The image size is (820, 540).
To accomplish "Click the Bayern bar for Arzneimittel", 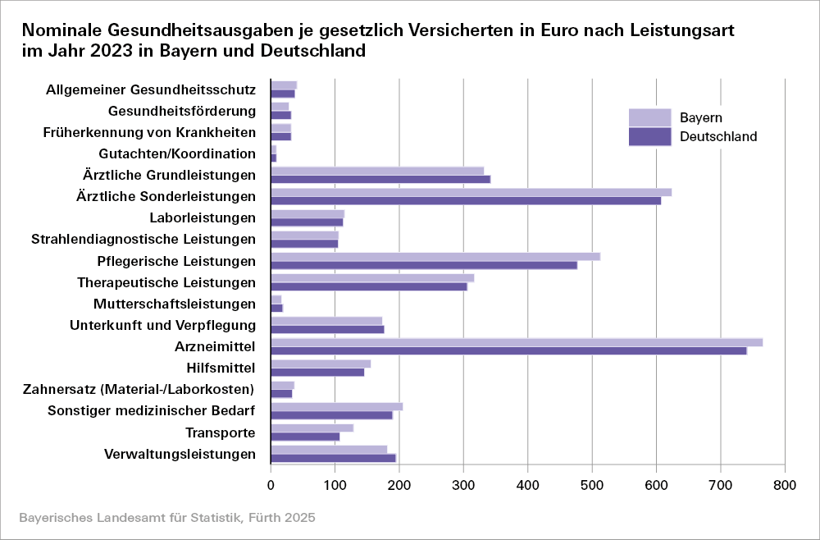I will tap(517, 342).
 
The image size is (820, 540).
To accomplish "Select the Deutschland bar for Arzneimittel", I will tap(508, 350).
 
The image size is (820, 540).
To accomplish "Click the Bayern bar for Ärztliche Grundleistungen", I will tap(377, 171).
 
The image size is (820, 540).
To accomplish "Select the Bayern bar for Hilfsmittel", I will tap(321, 364).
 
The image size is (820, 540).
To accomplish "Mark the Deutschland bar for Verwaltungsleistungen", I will tap(333, 458).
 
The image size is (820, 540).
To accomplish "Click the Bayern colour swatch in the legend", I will tap(649, 117).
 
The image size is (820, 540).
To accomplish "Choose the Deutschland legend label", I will tap(718, 137).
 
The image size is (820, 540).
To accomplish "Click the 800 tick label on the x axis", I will tap(785, 485).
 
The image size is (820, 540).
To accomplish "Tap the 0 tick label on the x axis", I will tap(271, 485).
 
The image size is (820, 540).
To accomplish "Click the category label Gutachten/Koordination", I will tap(177, 153).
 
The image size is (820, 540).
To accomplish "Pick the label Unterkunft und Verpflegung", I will tap(163, 325).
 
